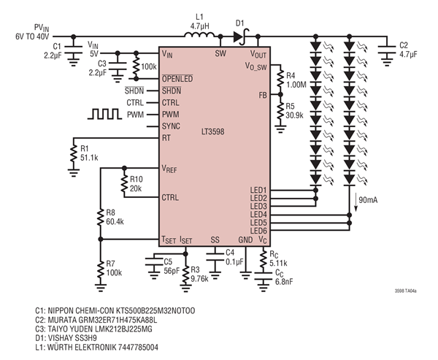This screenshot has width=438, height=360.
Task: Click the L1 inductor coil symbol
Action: click(x=199, y=35)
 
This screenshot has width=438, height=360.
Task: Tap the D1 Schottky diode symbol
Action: click(x=241, y=37)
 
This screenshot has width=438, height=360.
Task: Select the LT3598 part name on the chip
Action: click(x=213, y=131)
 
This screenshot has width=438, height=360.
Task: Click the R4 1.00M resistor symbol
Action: click(x=280, y=80)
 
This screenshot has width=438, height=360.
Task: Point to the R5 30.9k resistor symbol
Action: click(x=280, y=110)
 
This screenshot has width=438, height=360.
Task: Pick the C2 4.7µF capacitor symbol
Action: click(x=387, y=49)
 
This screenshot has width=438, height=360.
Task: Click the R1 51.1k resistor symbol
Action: click(x=74, y=153)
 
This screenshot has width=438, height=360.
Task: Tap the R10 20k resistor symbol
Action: click(x=124, y=183)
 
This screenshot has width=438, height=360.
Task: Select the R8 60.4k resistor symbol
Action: click(x=101, y=218)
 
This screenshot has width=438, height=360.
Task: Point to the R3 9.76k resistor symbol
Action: click(x=185, y=275)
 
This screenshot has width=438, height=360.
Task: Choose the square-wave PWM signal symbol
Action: click(x=104, y=115)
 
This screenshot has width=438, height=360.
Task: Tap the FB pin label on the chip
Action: click(x=263, y=96)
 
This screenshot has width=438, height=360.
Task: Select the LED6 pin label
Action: click(x=258, y=231)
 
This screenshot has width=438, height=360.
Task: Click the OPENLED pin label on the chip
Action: click(x=177, y=79)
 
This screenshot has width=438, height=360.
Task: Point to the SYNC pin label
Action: click(x=171, y=126)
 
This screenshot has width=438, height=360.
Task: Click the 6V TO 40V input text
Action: click(x=32, y=37)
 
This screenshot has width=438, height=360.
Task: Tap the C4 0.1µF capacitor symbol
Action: click(x=215, y=257)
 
